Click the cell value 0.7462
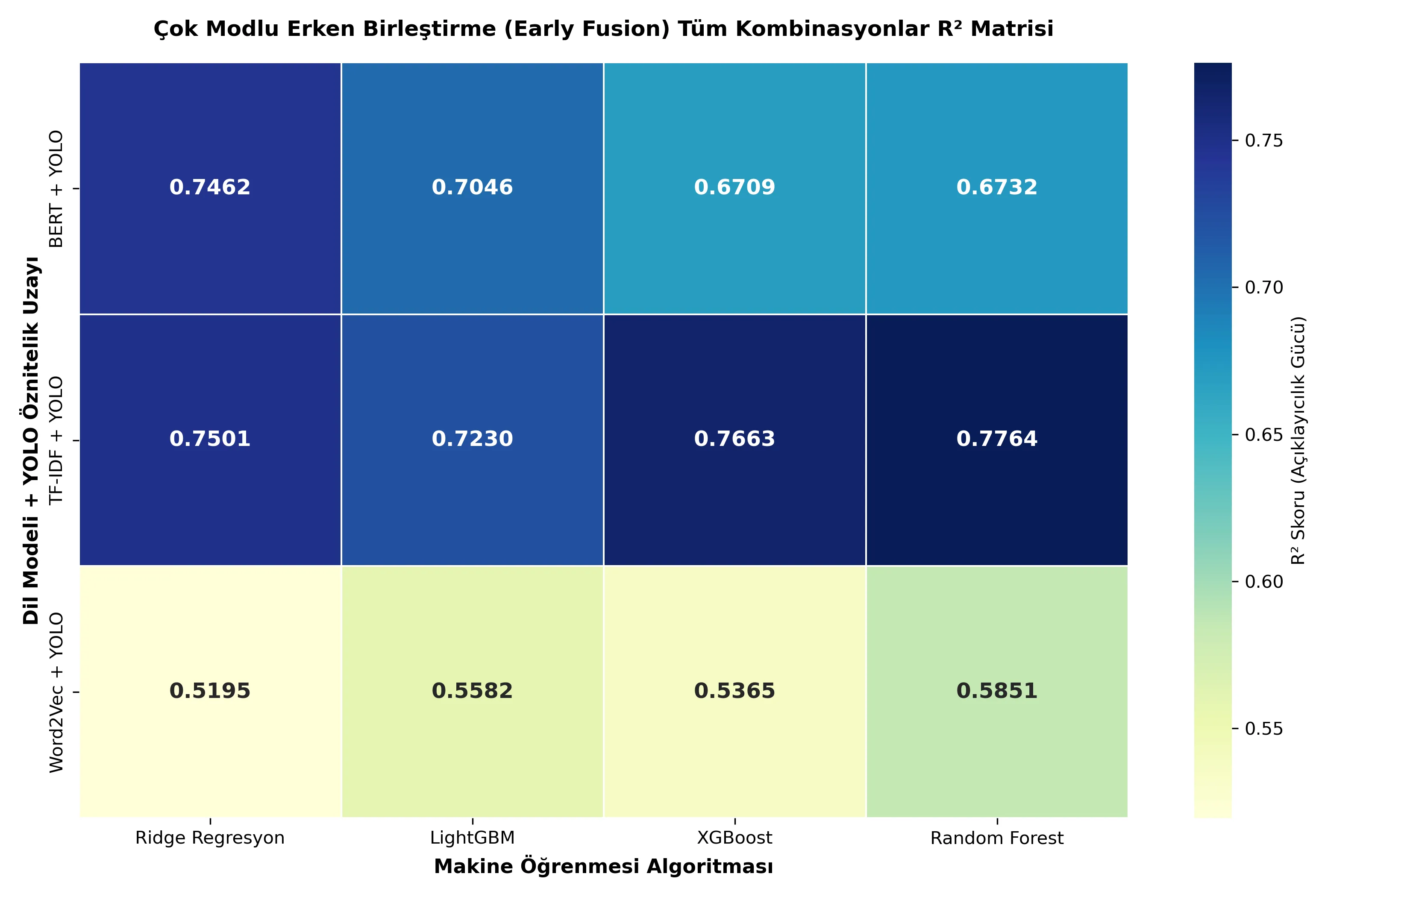(x=210, y=188)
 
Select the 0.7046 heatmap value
(x=472, y=188)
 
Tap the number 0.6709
(x=734, y=188)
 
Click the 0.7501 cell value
(x=210, y=439)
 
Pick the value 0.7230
(x=472, y=439)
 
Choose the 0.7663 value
(x=734, y=439)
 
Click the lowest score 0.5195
(x=210, y=691)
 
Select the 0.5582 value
(x=472, y=691)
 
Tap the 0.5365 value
(x=734, y=691)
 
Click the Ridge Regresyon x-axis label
(x=210, y=838)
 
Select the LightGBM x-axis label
(x=472, y=838)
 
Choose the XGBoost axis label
(x=734, y=838)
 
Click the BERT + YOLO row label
(x=56, y=189)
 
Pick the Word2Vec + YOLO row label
(x=56, y=693)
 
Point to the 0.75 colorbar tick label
(x=1263, y=141)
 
